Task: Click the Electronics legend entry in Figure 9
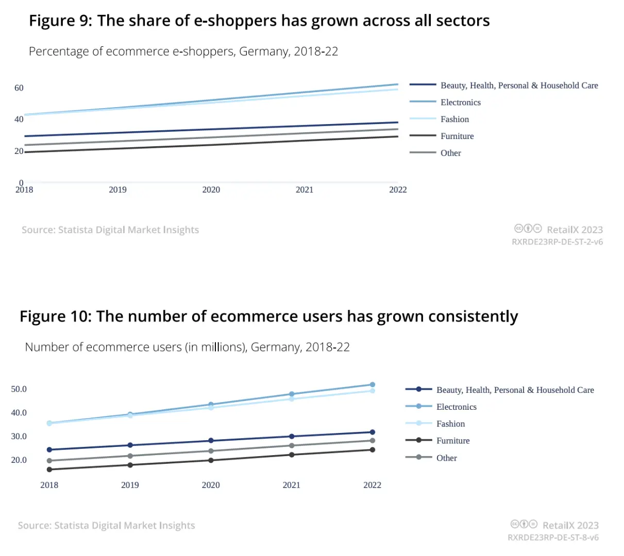(460, 102)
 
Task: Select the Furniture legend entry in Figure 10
(452, 441)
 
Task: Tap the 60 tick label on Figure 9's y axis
(19, 88)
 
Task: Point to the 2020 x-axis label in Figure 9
(211, 190)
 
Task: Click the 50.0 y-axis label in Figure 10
(19, 389)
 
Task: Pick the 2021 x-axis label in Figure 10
(292, 485)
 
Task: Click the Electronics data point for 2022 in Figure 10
(373, 385)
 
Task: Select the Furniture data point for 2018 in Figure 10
(49, 470)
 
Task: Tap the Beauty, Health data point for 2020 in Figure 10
(211, 441)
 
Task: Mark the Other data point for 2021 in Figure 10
(292, 446)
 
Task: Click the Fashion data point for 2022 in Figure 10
(373, 391)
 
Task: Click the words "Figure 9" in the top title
(60, 21)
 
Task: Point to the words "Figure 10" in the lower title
(55, 316)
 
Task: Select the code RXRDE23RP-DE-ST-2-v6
(557, 242)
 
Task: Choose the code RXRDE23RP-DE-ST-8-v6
(553, 537)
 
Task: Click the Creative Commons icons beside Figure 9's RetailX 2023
(528, 229)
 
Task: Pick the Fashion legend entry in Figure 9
(454, 119)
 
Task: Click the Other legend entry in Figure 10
(446, 458)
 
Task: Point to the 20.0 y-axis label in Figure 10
(19, 460)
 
